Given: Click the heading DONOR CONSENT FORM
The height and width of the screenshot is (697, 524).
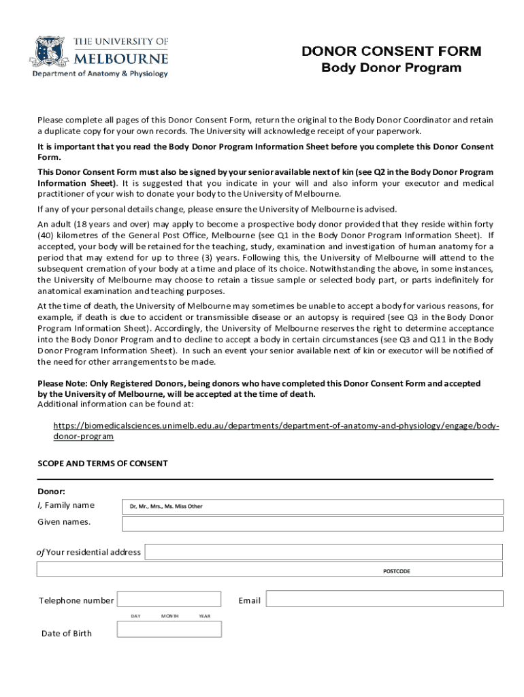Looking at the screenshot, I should pos(391,52).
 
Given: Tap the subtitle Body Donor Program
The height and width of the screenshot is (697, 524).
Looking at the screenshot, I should pos(391,68).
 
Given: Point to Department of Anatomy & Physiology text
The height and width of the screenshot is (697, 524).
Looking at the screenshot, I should pos(100,74).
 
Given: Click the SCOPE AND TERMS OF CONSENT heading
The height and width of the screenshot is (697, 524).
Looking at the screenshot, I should pos(102,464).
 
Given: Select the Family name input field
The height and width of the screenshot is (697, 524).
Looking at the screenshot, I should pos(312,506).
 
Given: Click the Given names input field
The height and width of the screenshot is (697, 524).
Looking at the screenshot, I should pos(312,523).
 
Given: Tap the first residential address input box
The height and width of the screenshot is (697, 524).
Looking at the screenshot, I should pos(324,551).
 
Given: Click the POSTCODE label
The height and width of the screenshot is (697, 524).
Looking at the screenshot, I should pos(396,571).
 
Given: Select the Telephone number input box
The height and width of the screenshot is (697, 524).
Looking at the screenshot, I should pos(169,599).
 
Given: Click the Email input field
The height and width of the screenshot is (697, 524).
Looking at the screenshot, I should pos(384,599).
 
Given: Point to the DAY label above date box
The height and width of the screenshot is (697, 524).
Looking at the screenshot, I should pos(135,616).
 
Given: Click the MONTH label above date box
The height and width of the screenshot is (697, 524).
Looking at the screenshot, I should pos(170,616).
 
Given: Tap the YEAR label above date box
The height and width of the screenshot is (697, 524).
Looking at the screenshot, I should pos(204,616).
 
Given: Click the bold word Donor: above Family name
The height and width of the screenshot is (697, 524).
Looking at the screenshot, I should pos(51,491).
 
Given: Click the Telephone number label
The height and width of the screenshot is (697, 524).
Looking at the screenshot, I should pos(76,600).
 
